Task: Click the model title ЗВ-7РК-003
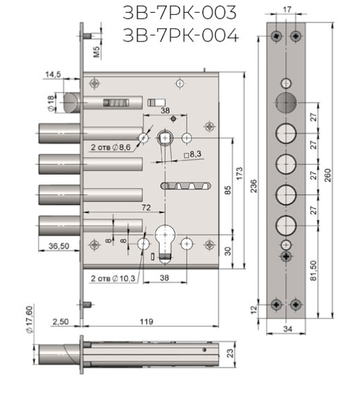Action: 180,13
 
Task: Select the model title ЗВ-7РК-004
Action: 180,35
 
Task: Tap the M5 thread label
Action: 97,51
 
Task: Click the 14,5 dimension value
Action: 53,74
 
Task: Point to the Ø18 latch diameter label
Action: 51,103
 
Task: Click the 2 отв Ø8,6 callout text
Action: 110,147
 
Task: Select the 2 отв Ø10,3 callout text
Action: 113,279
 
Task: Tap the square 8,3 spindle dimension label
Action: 192,155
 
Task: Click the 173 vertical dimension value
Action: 240,173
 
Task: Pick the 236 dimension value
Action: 254,186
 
